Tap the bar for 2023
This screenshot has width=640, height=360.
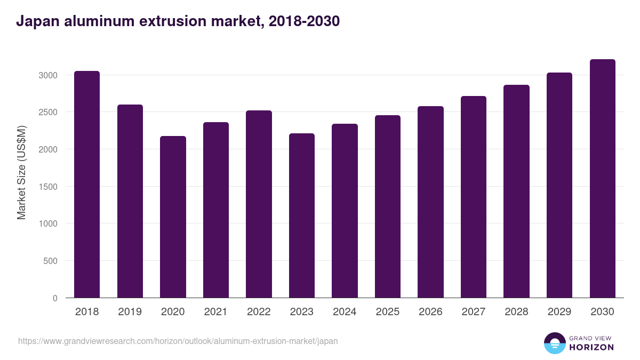tap(302, 215)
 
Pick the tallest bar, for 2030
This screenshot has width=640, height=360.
tap(603, 178)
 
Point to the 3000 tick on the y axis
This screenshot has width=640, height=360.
tap(47, 75)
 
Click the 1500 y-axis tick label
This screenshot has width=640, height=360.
tap(47, 187)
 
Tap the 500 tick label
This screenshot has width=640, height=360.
tap(50, 261)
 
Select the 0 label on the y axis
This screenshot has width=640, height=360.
tap(55, 298)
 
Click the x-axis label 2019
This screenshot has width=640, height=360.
tap(130, 312)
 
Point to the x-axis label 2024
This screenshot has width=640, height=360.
tap(345, 312)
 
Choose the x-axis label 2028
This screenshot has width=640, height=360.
tap(516, 312)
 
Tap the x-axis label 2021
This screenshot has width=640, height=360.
tap(215, 312)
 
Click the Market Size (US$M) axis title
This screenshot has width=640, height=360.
tap(21, 172)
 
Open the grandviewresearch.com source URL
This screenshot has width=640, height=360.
tap(178, 341)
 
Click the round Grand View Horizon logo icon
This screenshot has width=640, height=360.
tap(555, 343)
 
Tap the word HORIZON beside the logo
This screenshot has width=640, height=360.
tap(592, 347)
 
